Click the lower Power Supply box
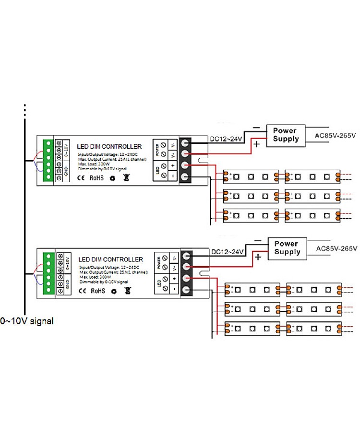coord(288,248)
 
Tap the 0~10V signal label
coord(27,321)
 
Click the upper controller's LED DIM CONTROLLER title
coord(109,146)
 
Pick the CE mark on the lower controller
coord(82,291)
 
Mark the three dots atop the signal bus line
coord(24,109)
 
